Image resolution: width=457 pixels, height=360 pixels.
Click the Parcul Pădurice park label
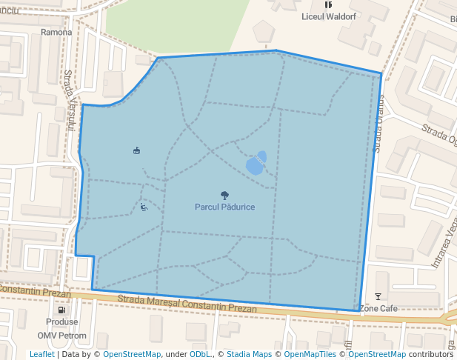pos(224,207)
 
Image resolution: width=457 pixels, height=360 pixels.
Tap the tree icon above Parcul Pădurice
pos(224,196)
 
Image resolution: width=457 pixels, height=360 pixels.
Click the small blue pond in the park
pos(256,163)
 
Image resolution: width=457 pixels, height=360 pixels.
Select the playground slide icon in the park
pos(144,207)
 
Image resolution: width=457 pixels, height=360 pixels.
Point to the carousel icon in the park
pos(136,151)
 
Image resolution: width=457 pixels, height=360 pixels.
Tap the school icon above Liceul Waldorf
pos(328,4)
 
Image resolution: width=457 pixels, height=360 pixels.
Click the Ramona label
pos(56,33)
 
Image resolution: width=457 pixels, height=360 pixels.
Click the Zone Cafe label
pos(378,308)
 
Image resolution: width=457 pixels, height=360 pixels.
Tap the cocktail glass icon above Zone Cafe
pos(378,297)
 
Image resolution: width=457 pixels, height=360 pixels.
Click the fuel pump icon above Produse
pos(61,310)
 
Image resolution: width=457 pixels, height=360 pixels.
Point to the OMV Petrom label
pos(62,336)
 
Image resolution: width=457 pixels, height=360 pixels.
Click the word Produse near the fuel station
pos(61,322)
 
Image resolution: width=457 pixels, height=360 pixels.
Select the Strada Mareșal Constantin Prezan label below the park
pos(187,303)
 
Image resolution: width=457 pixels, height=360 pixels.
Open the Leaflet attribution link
pos(41,354)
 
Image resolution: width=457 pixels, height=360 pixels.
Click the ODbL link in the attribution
pos(200,354)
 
